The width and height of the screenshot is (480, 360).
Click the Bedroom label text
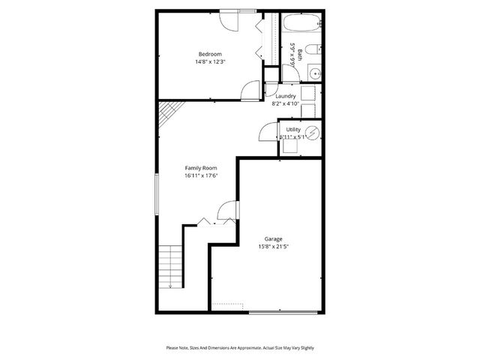209,54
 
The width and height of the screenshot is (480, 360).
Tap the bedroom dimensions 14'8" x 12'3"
209,62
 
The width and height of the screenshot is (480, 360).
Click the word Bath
301,55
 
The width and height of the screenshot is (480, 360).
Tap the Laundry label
285,96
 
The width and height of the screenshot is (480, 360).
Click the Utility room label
292,130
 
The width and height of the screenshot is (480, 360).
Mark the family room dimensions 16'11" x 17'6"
200,176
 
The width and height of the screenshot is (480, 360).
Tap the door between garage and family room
226,213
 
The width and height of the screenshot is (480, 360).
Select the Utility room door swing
268,133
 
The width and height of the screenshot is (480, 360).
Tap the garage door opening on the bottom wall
283,312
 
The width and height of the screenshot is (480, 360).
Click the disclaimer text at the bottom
239,348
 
